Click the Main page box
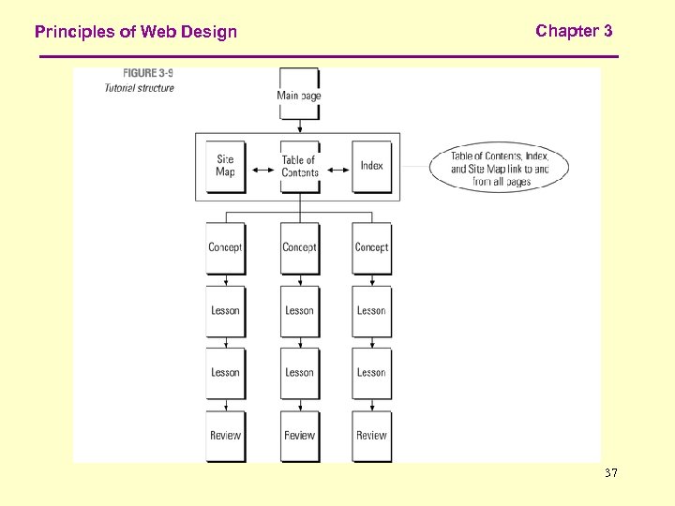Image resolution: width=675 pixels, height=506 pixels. point(299,94)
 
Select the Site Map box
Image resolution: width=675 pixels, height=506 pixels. point(225,166)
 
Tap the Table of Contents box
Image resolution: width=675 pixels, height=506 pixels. point(300,166)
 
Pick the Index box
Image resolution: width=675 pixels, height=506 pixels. point(372,166)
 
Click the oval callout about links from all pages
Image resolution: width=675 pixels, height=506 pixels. point(499,169)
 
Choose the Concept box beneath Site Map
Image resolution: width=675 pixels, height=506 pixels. point(225,247)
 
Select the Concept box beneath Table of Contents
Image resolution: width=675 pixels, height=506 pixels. point(299,247)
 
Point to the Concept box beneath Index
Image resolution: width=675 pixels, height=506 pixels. point(371,247)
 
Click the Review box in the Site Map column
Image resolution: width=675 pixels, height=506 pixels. point(225,435)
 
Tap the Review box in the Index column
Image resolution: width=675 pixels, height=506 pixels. point(371,435)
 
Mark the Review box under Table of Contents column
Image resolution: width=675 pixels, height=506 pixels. point(299,435)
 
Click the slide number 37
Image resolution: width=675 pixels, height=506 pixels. point(611,474)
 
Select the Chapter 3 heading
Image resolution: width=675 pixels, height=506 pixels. point(574,31)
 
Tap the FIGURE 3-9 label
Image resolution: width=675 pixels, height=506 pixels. point(148,73)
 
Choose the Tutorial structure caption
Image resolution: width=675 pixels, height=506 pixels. point(139,88)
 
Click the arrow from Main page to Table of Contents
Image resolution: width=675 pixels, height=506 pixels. point(299,128)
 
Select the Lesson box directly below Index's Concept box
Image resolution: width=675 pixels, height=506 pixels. point(371,310)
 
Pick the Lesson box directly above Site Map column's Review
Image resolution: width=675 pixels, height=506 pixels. point(225,372)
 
